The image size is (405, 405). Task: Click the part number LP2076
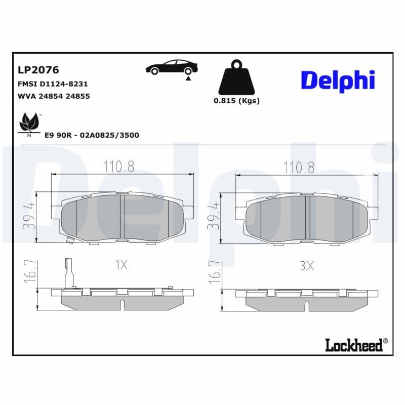coord(38,70)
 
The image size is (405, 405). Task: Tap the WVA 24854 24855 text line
coord(54,96)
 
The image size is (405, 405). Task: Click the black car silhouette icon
coord(172,67)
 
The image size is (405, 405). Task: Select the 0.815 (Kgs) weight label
coord(236,100)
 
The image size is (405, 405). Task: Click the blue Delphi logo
coord(338,80)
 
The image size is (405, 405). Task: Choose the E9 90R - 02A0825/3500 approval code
coord(92,135)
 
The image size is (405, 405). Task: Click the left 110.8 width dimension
coord(119,167)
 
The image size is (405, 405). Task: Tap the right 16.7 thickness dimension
coord(214,272)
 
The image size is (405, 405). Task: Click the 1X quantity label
coord(121,265)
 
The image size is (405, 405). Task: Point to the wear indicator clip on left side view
coord(69,273)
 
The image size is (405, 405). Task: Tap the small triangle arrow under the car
coord(188,78)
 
